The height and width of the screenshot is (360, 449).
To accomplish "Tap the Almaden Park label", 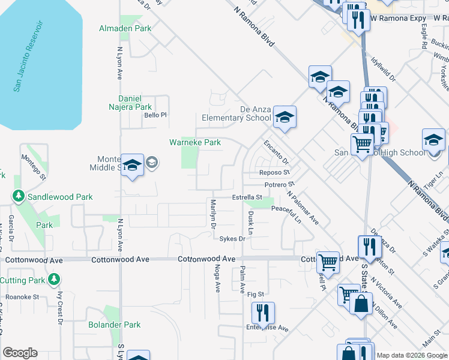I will [x=126, y=28].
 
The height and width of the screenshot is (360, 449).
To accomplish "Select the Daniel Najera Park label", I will [x=134, y=103].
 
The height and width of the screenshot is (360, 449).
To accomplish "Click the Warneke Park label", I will [x=194, y=143].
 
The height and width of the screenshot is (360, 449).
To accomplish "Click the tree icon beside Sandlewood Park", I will [x=19, y=196].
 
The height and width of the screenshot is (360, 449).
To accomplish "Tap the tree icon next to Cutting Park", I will [x=55, y=280].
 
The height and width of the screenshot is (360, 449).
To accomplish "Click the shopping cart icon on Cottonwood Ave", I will [x=328, y=261].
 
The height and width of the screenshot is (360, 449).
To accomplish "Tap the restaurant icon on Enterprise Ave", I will [x=263, y=312].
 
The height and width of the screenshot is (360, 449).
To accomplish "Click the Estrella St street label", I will [x=247, y=197].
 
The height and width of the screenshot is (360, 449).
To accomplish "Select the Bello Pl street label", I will [x=154, y=116].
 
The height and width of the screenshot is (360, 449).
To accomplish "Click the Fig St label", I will [x=256, y=294].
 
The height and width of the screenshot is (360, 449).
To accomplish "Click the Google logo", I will [x=20, y=353].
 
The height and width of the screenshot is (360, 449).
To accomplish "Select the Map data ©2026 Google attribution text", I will [x=411, y=355].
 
